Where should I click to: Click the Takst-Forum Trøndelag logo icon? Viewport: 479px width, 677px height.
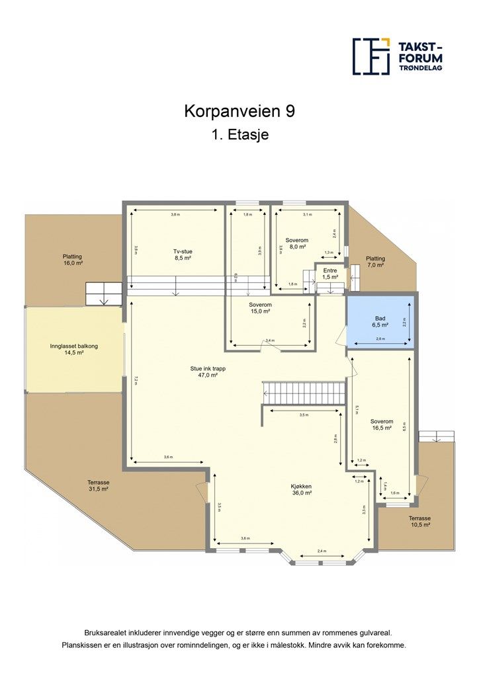click(x=371, y=56)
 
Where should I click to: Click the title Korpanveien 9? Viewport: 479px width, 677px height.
click(x=239, y=112)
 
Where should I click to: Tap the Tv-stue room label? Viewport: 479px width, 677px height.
click(x=178, y=255)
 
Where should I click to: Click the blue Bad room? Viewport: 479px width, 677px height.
click(x=380, y=321)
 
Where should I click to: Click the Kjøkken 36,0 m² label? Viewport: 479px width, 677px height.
click(x=301, y=489)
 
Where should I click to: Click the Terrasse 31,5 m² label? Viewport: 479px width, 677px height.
click(x=97, y=486)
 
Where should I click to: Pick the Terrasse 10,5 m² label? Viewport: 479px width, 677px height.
click(x=419, y=521)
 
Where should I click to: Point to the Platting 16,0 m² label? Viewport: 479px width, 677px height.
click(x=73, y=259)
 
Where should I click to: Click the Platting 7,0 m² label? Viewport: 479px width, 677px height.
click(x=375, y=262)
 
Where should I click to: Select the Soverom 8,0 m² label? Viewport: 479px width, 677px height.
click(x=296, y=243)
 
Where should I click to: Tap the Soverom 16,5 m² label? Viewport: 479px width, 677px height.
click(x=382, y=424)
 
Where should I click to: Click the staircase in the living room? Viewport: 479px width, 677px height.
click(x=304, y=393)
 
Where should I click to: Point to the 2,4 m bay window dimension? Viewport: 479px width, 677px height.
click(x=322, y=551)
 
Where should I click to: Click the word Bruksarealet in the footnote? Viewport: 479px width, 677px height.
click(x=105, y=632)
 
